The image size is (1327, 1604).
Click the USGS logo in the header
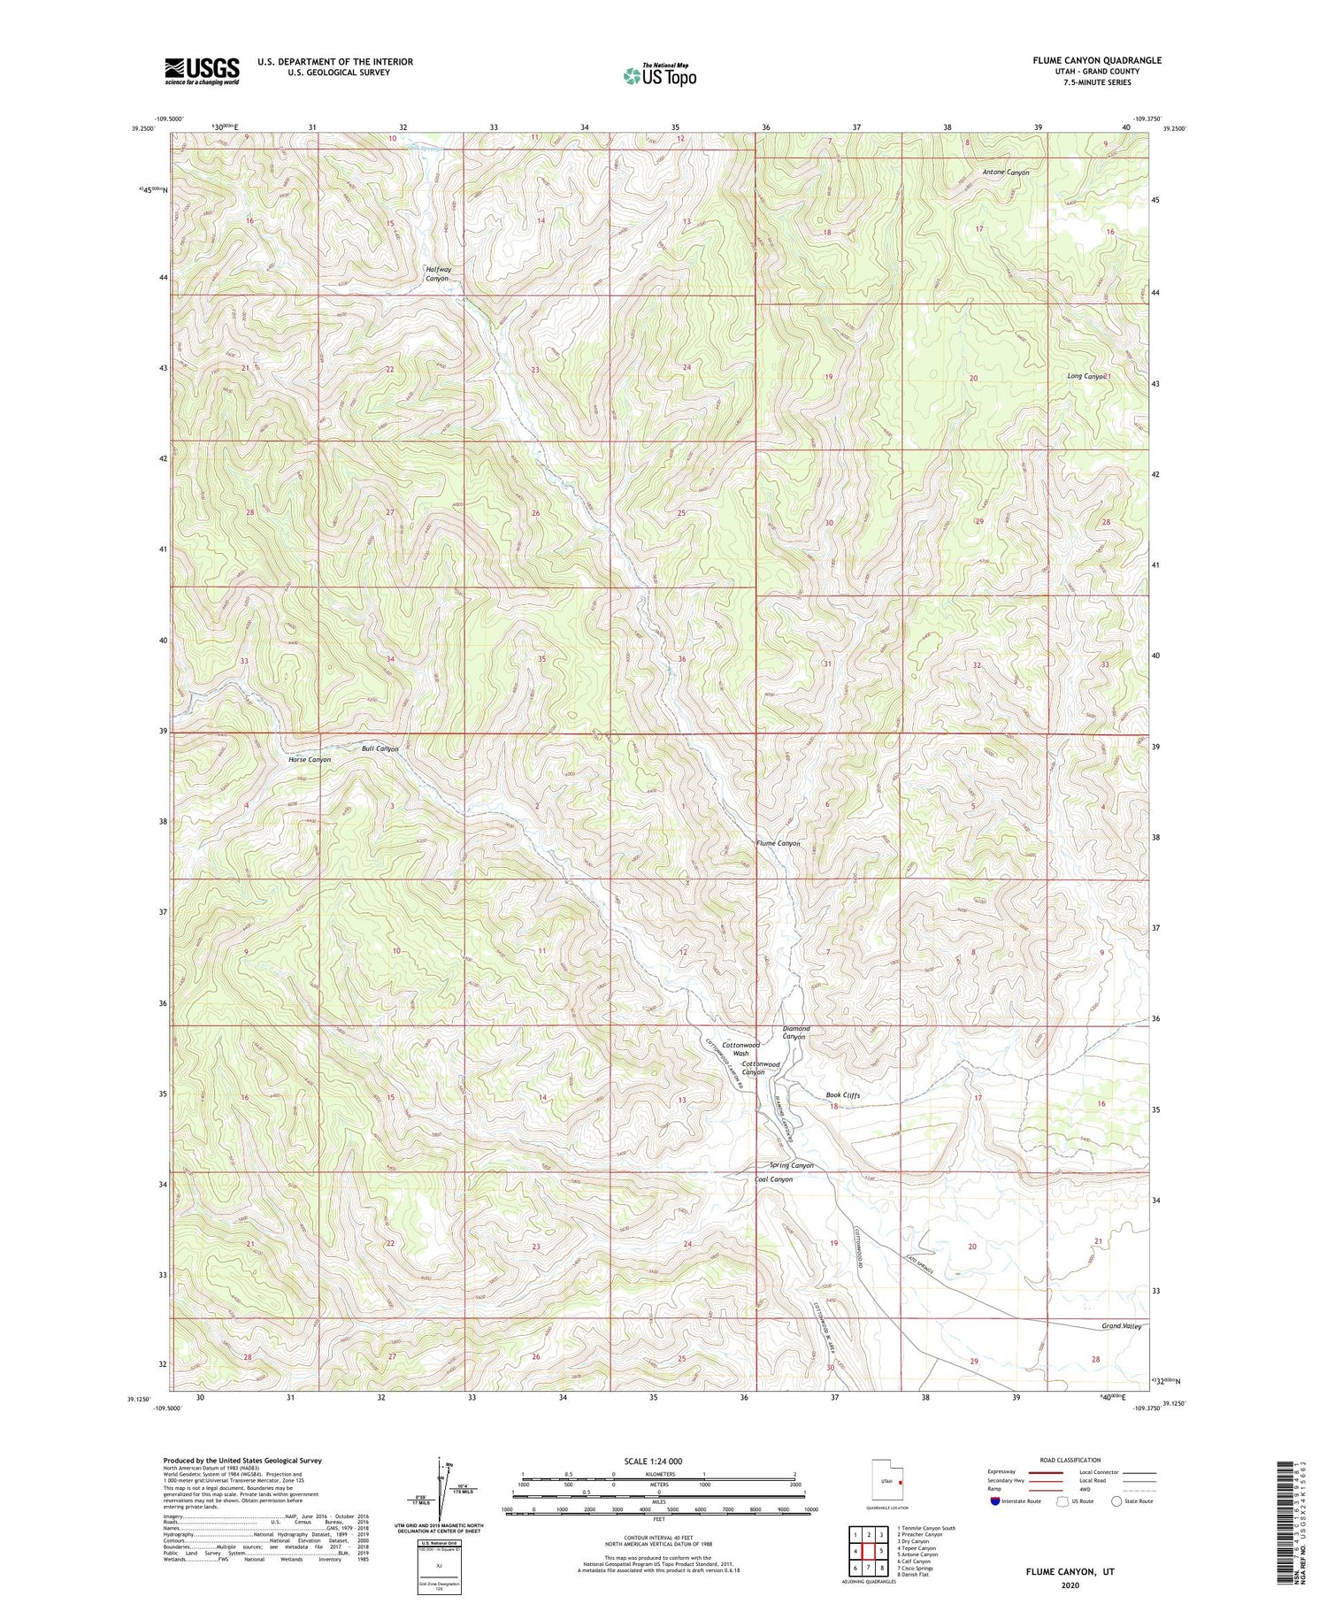202,71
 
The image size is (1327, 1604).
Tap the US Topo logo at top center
659,76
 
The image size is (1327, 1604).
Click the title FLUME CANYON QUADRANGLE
1097,60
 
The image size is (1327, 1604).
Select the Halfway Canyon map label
438,274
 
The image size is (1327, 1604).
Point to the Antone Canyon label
1006,173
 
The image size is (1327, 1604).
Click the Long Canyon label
1087,377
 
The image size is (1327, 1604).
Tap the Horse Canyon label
310,760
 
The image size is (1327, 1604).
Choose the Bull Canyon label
380,748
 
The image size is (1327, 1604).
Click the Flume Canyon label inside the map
779,844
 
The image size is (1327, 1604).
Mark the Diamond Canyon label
796,1032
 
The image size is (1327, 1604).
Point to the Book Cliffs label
843,1095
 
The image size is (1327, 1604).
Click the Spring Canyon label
791,1165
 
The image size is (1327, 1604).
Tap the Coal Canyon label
773,1179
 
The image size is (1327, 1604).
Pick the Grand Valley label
1121,1327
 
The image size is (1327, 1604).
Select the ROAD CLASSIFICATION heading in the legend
1070,1460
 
